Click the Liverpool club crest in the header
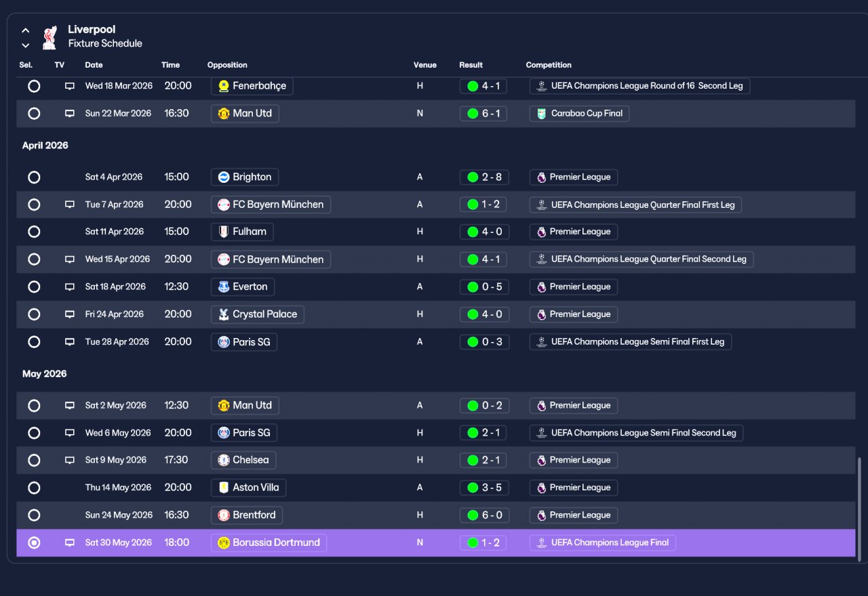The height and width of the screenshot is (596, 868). click(x=50, y=37)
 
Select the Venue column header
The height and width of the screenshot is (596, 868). click(x=425, y=65)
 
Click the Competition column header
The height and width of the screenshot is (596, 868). click(x=549, y=65)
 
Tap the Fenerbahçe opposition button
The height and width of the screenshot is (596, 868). click(x=252, y=86)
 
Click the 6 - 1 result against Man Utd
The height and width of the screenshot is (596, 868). click(x=484, y=113)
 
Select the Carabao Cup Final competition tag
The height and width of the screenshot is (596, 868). click(x=579, y=113)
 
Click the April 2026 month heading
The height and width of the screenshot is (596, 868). click(x=45, y=146)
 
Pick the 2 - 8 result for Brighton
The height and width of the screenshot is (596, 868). click(x=484, y=177)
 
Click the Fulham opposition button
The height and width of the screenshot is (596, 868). click(x=242, y=232)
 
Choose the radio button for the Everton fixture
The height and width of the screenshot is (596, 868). click(x=34, y=286)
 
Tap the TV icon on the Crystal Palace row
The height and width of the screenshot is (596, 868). click(x=69, y=314)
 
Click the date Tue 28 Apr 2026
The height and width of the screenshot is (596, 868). click(x=117, y=342)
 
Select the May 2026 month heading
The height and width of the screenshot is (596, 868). click(x=45, y=374)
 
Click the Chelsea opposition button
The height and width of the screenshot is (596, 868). click(x=243, y=460)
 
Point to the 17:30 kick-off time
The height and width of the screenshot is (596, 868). click(x=176, y=460)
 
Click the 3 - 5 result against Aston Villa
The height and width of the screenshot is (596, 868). click(x=484, y=488)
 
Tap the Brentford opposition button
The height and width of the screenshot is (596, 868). click(x=246, y=515)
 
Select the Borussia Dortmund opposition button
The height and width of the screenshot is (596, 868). click(x=269, y=542)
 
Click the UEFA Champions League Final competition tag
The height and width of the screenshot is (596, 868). click(x=603, y=542)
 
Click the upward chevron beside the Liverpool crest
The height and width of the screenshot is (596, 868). click(x=26, y=30)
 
